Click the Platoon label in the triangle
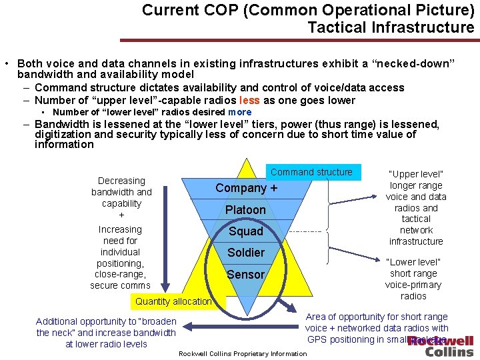pyautogui.click(x=245, y=210)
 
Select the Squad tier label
pyautogui.click(x=245, y=231)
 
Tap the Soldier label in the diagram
pyautogui.click(x=245, y=253)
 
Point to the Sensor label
pyautogui.click(x=245, y=274)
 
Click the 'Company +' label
pyautogui.click(x=246, y=189)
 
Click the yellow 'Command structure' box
pyautogui.click(x=311, y=172)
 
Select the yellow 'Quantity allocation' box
pyautogui.click(x=173, y=301)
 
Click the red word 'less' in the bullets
pyautogui.click(x=249, y=101)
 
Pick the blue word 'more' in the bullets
pyautogui.click(x=239, y=112)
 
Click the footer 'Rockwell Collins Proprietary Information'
pyautogui.click(x=243, y=353)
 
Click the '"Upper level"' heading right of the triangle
pyautogui.click(x=416, y=174)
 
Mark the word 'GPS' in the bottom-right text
pyautogui.click(x=317, y=339)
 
